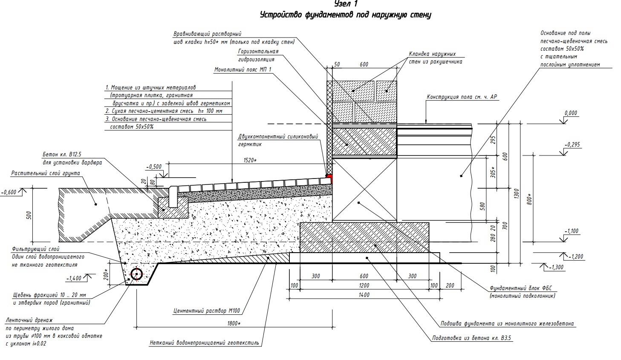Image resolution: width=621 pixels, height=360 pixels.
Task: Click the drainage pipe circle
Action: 137,275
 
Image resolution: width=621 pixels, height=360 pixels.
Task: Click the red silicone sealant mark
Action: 329,175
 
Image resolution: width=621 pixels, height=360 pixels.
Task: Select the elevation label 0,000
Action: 570,113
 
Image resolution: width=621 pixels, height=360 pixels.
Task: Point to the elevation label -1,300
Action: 556,267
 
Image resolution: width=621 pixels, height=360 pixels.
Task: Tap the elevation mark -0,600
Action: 9,192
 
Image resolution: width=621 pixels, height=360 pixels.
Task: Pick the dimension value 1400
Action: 364,295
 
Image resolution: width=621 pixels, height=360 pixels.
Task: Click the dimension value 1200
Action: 364,285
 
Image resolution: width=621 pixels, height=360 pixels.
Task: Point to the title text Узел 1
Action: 346,4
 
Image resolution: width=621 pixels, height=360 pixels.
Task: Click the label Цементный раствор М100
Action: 207,311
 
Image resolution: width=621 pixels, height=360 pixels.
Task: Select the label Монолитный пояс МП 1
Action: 243,69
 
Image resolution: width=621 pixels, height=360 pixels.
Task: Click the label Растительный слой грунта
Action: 46,173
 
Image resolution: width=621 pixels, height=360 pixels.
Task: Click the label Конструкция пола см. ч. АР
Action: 462,97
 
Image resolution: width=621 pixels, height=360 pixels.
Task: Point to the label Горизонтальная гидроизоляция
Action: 258,55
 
